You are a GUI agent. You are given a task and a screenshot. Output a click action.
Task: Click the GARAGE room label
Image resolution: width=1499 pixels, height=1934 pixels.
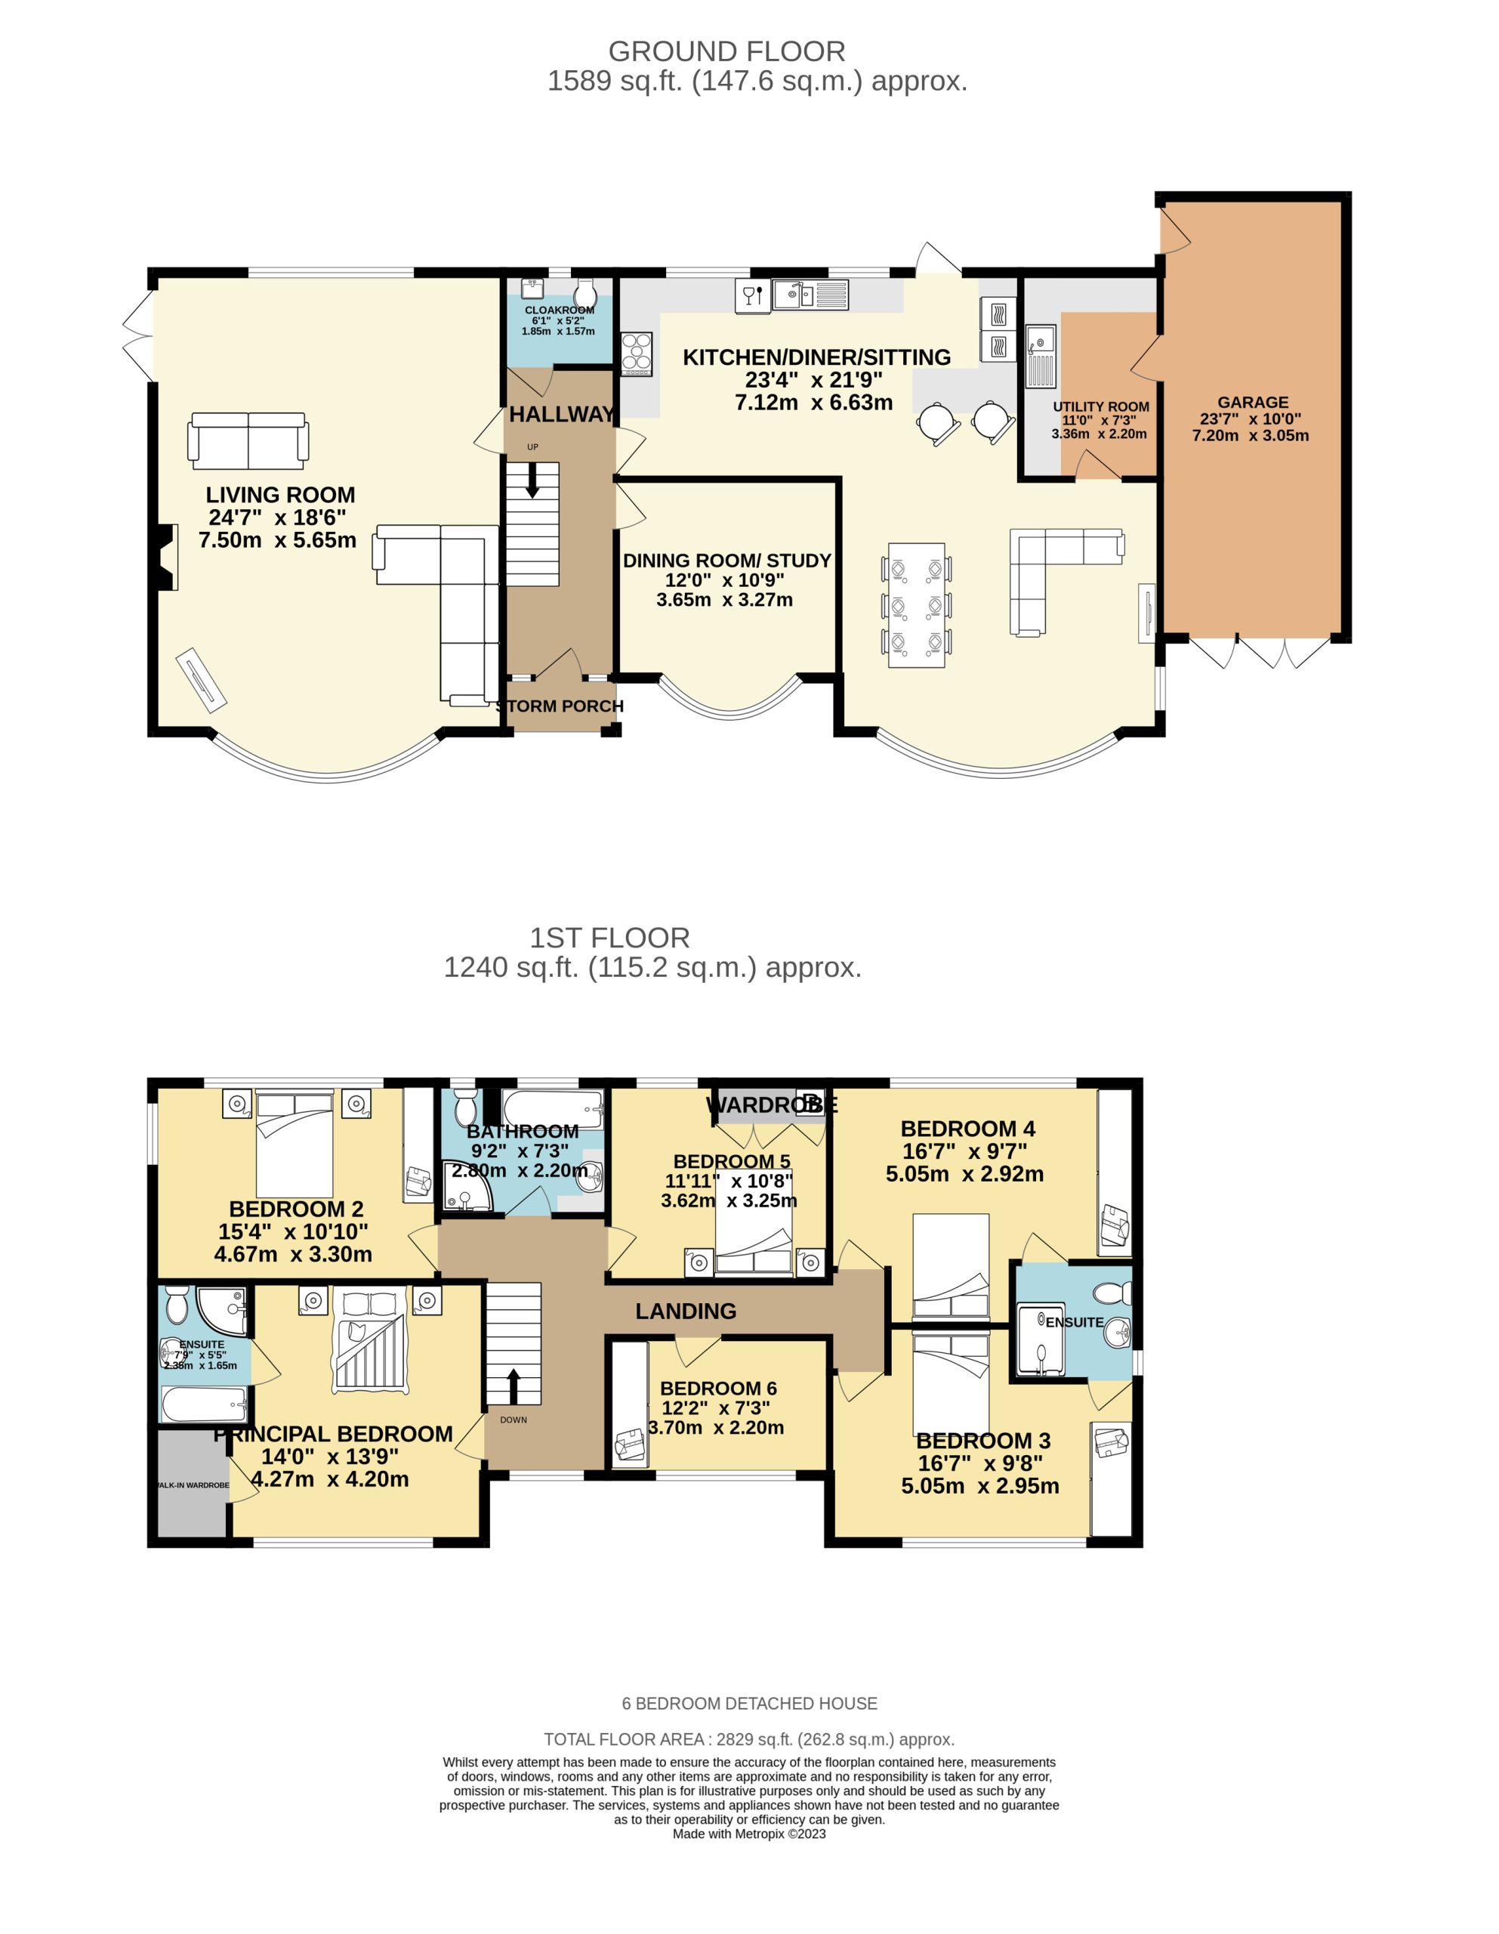[1252, 402]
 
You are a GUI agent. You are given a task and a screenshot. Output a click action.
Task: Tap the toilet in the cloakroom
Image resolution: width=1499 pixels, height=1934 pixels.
[584, 292]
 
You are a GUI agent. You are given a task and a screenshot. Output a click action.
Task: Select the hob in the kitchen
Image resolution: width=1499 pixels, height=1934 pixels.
[637, 354]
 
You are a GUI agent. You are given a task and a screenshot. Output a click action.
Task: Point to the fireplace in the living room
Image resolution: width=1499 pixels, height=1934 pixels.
[166, 556]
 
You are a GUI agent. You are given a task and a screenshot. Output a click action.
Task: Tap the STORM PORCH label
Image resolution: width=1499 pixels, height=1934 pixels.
[560, 706]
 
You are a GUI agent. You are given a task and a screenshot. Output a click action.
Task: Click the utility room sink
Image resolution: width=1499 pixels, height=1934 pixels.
[1041, 356]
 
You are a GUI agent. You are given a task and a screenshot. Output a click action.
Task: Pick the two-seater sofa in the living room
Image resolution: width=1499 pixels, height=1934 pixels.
[248, 440]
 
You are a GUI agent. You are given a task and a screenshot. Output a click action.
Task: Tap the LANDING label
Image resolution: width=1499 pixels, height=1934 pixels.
[685, 1311]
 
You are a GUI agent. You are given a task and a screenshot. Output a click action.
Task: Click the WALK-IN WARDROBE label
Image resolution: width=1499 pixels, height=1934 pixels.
[191, 1485]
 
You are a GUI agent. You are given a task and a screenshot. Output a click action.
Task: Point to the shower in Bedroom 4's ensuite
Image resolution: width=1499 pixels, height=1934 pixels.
[1041, 1339]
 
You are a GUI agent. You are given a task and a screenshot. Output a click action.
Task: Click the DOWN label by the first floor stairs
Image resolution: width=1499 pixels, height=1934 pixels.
[513, 1420]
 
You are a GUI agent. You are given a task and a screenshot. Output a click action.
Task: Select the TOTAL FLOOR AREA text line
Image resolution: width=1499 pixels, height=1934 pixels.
[749, 1739]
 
